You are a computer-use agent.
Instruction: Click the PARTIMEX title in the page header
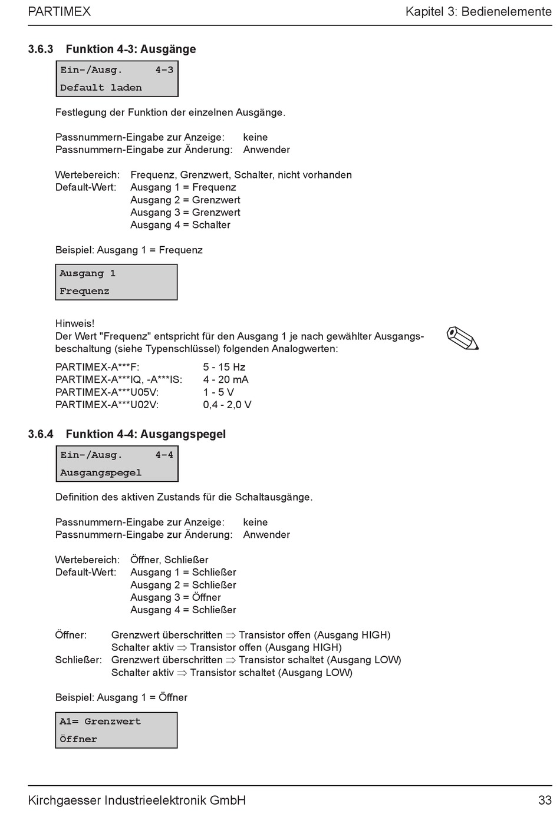tap(59, 11)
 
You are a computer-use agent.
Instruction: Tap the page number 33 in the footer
tap(544, 800)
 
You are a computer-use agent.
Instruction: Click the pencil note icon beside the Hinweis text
tap(463, 338)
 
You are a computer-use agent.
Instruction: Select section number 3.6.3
tap(41, 49)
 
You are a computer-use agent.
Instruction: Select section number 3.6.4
tap(41, 434)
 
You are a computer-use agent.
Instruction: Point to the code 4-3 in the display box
tap(164, 70)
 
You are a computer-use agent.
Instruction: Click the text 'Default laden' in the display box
tap(101, 88)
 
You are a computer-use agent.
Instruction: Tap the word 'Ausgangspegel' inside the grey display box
tap(101, 472)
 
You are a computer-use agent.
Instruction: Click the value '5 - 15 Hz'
tap(224, 367)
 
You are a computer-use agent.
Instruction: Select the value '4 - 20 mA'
tap(226, 379)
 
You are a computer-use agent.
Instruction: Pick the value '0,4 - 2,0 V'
tap(227, 405)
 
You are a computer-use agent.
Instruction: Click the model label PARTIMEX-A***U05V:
tap(107, 392)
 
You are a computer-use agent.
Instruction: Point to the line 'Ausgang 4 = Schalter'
tap(180, 225)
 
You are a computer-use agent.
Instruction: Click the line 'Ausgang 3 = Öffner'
tap(176, 597)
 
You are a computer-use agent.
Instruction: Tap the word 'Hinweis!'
tap(75, 323)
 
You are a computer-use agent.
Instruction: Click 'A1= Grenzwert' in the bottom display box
tap(100, 722)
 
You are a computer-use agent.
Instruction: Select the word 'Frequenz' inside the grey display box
tap(84, 291)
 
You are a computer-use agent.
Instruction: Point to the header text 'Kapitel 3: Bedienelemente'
tap(478, 11)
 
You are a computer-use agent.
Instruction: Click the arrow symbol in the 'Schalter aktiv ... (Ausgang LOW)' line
tap(182, 673)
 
